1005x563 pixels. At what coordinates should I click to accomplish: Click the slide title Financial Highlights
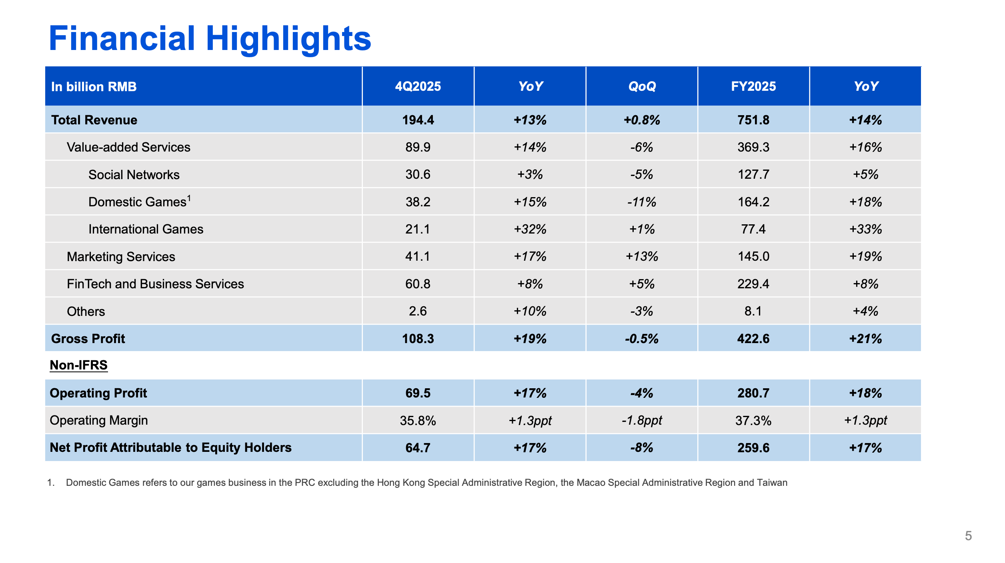210,39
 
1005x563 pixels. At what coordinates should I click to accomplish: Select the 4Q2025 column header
418,86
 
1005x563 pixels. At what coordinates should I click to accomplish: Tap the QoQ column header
642,86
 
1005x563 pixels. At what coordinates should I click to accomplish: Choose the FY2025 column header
753,86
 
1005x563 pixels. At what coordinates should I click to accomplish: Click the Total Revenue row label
94,120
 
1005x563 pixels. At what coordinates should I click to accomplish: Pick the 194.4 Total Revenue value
418,120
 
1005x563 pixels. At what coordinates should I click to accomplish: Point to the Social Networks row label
134,175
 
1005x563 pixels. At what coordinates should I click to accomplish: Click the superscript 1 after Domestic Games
189,198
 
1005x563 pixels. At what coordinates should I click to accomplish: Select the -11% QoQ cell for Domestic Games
642,202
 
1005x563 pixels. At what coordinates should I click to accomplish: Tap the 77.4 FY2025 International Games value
753,229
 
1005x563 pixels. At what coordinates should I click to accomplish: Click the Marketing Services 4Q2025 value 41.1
418,256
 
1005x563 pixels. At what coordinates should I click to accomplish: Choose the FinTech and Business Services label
155,284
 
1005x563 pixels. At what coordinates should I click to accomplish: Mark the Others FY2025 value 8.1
753,311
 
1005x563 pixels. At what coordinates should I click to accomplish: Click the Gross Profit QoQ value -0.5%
642,339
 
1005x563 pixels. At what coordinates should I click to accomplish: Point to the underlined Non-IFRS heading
79,365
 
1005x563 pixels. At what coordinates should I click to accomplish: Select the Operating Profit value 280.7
753,393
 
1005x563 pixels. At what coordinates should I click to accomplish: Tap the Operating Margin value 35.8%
418,421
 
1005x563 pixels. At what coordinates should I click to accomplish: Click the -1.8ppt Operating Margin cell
642,421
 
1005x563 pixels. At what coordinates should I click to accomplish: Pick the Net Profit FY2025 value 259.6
753,448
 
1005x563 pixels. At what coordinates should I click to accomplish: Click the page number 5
968,536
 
